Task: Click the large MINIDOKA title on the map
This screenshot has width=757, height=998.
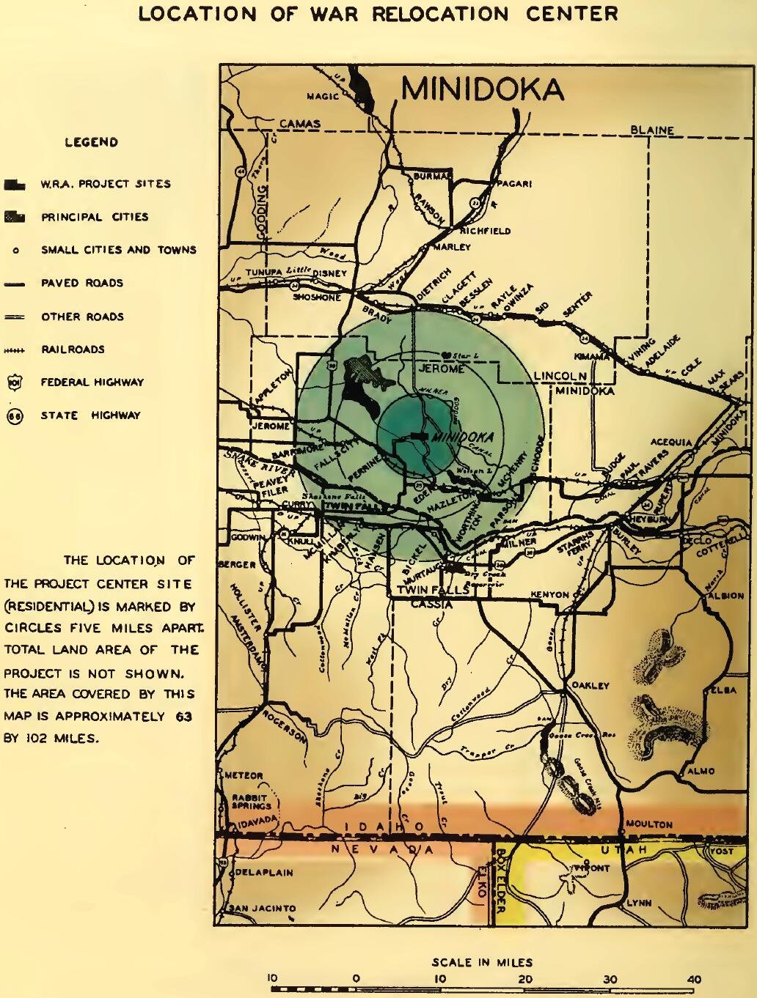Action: point(483,89)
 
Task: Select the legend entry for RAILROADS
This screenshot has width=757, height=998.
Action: point(73,350)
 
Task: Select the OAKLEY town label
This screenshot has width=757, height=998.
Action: point(590,686)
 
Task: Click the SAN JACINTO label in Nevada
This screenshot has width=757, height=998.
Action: point(263,909)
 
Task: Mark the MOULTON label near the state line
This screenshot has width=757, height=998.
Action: point(648,824)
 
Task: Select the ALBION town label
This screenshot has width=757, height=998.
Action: point(726,596)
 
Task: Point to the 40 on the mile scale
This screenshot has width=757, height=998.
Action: point(695,978)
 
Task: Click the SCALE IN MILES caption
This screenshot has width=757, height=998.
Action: point(482,962)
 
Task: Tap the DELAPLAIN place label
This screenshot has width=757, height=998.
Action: point(264,872)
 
